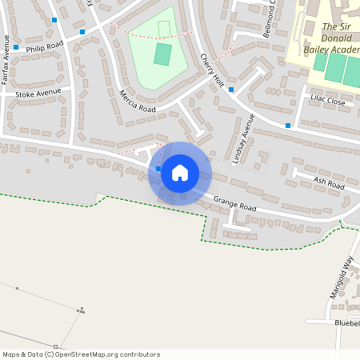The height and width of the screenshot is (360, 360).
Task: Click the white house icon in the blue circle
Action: tap(180, 173)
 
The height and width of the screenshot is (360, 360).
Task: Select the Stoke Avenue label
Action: tap(38, 93)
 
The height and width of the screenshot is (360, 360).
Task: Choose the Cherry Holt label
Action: tap(210, 70)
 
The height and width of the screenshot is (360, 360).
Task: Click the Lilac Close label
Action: tap(326, 102)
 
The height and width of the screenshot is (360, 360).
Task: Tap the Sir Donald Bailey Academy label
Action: tap(339, 38)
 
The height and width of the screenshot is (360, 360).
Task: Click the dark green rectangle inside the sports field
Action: tap(162, 54)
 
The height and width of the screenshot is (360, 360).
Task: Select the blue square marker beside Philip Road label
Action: tap(16, 47)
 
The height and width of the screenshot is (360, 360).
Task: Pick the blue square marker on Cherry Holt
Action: tap(230, 90)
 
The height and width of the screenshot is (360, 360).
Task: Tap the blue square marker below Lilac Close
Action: tap(288, 126)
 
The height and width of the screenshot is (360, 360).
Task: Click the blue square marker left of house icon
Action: tap(158, 169)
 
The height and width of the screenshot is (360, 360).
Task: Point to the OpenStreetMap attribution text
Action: tap(81, 354)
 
